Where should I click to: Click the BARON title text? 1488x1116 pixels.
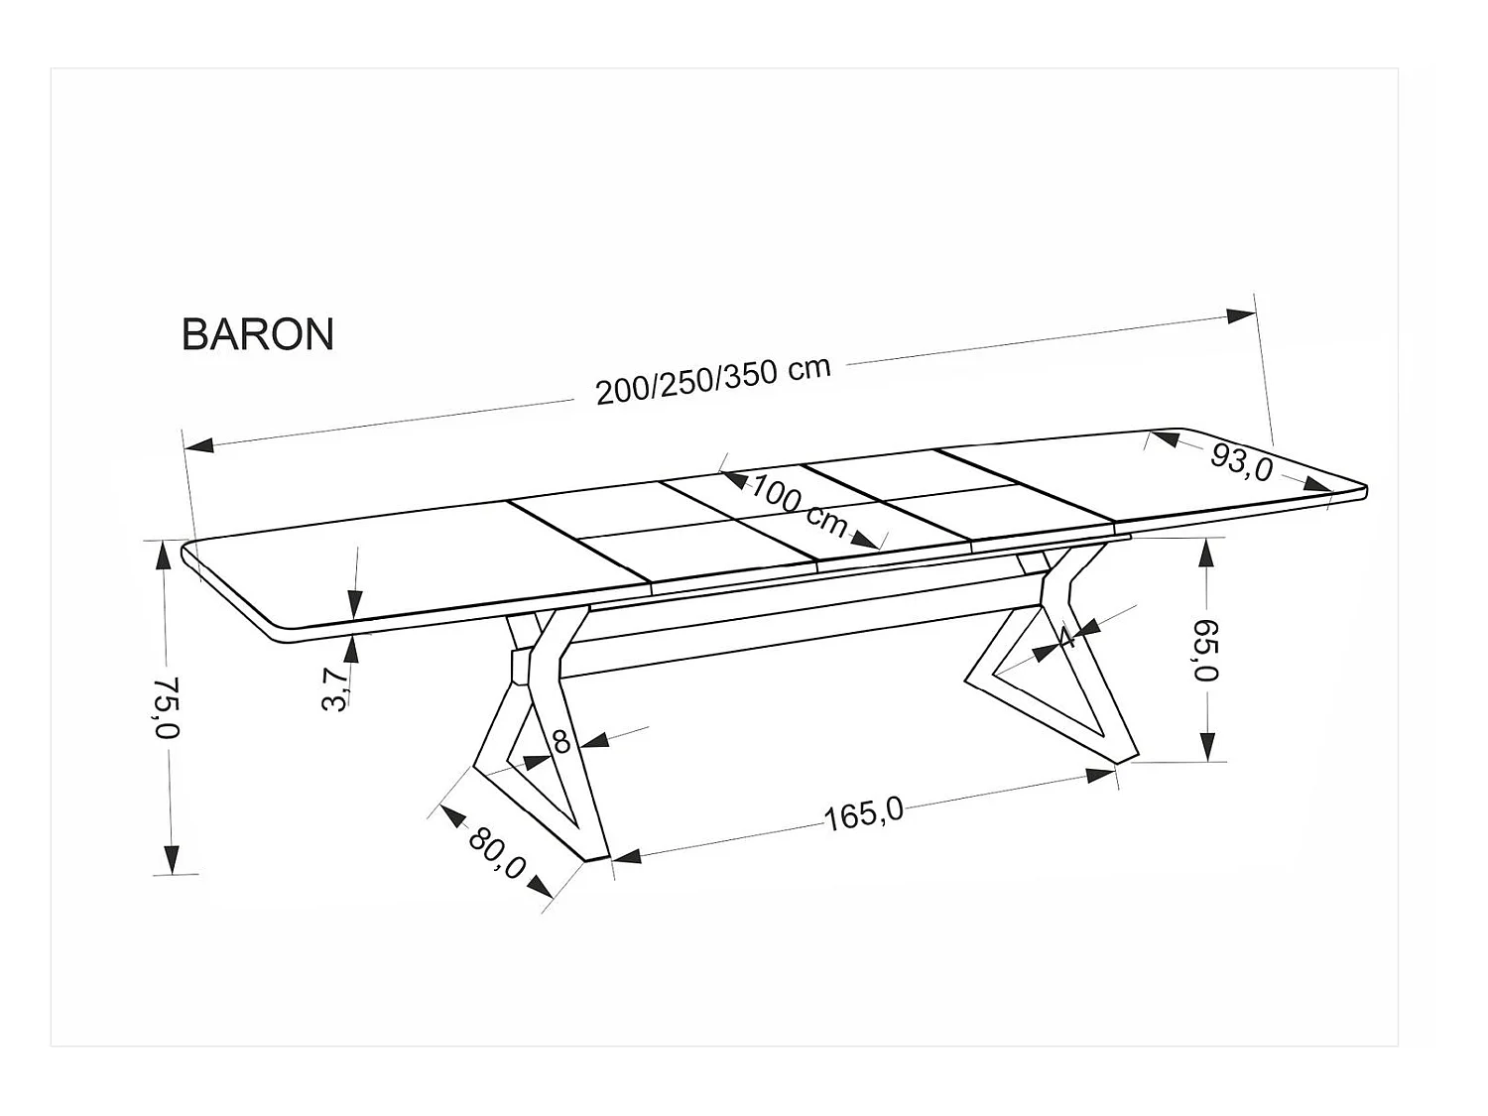[x=258, y=334]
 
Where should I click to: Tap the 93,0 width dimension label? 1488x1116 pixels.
[x=1241, y=461]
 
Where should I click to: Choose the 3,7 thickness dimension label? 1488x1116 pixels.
[x=336, y=688]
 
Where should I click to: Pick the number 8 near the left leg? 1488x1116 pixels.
[x=561, y=741]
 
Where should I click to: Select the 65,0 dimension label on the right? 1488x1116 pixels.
[x=1206, y=650]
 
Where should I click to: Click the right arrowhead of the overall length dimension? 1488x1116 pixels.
[x=1241, y=315]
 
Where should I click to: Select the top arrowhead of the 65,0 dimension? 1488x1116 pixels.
[x=1206, y=552]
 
